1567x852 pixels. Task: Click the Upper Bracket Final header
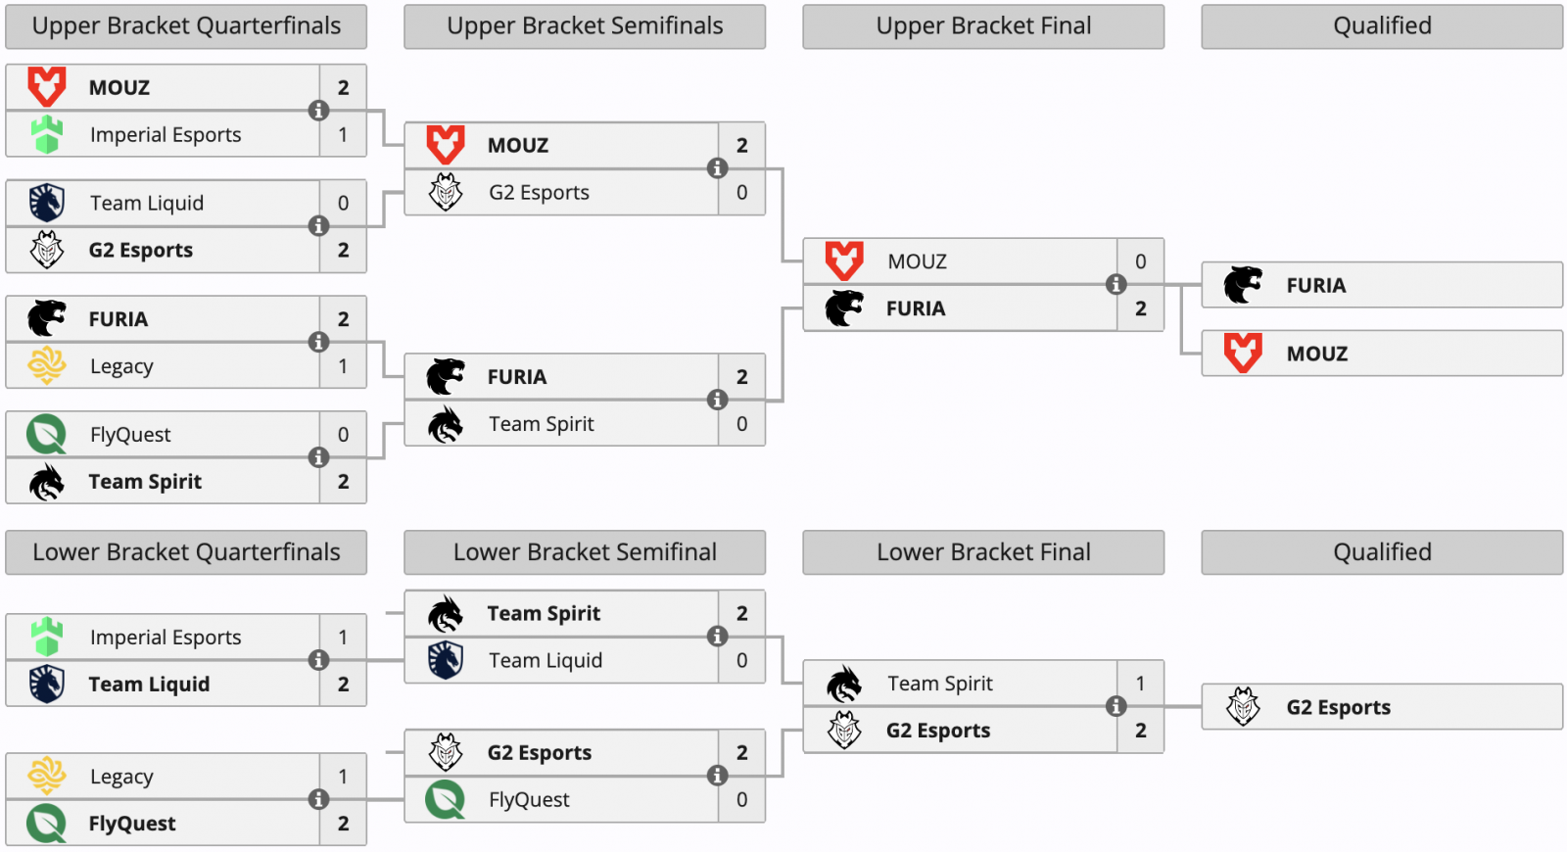tap(983, 25)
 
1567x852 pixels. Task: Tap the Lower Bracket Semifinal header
tap(585, 552)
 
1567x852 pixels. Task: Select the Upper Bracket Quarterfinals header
tap(186, 25)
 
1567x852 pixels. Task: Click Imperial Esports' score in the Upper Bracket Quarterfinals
tap(343, 134)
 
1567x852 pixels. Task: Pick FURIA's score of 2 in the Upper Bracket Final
tap(1140, 308)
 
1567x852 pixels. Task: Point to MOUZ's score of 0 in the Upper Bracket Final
tap(1140, 261)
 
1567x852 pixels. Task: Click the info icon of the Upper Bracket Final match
tap(1116, 285)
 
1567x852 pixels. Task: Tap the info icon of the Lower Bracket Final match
tap(1116, 706)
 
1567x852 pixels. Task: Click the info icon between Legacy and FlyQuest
tap(318, 799)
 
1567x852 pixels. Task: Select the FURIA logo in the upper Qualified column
tap(1243, 285)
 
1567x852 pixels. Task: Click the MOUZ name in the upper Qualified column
tap(1316, 354)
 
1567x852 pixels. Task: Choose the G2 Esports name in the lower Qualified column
tap(1338, 707)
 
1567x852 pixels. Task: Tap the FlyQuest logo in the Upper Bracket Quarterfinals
tap(46, 435)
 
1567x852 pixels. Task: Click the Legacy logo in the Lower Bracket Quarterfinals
tap(46, 776)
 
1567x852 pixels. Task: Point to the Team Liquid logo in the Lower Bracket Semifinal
tap(445, 660)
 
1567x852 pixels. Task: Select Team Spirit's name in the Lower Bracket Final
tap(939, 684)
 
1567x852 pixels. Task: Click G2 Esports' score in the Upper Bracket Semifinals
tap(741, 192)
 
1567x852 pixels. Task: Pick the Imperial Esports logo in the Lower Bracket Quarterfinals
tap(46, 637)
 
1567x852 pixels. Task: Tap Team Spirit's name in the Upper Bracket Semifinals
tap(541, 424)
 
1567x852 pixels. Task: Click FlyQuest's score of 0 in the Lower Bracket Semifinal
tap(741, 799)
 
